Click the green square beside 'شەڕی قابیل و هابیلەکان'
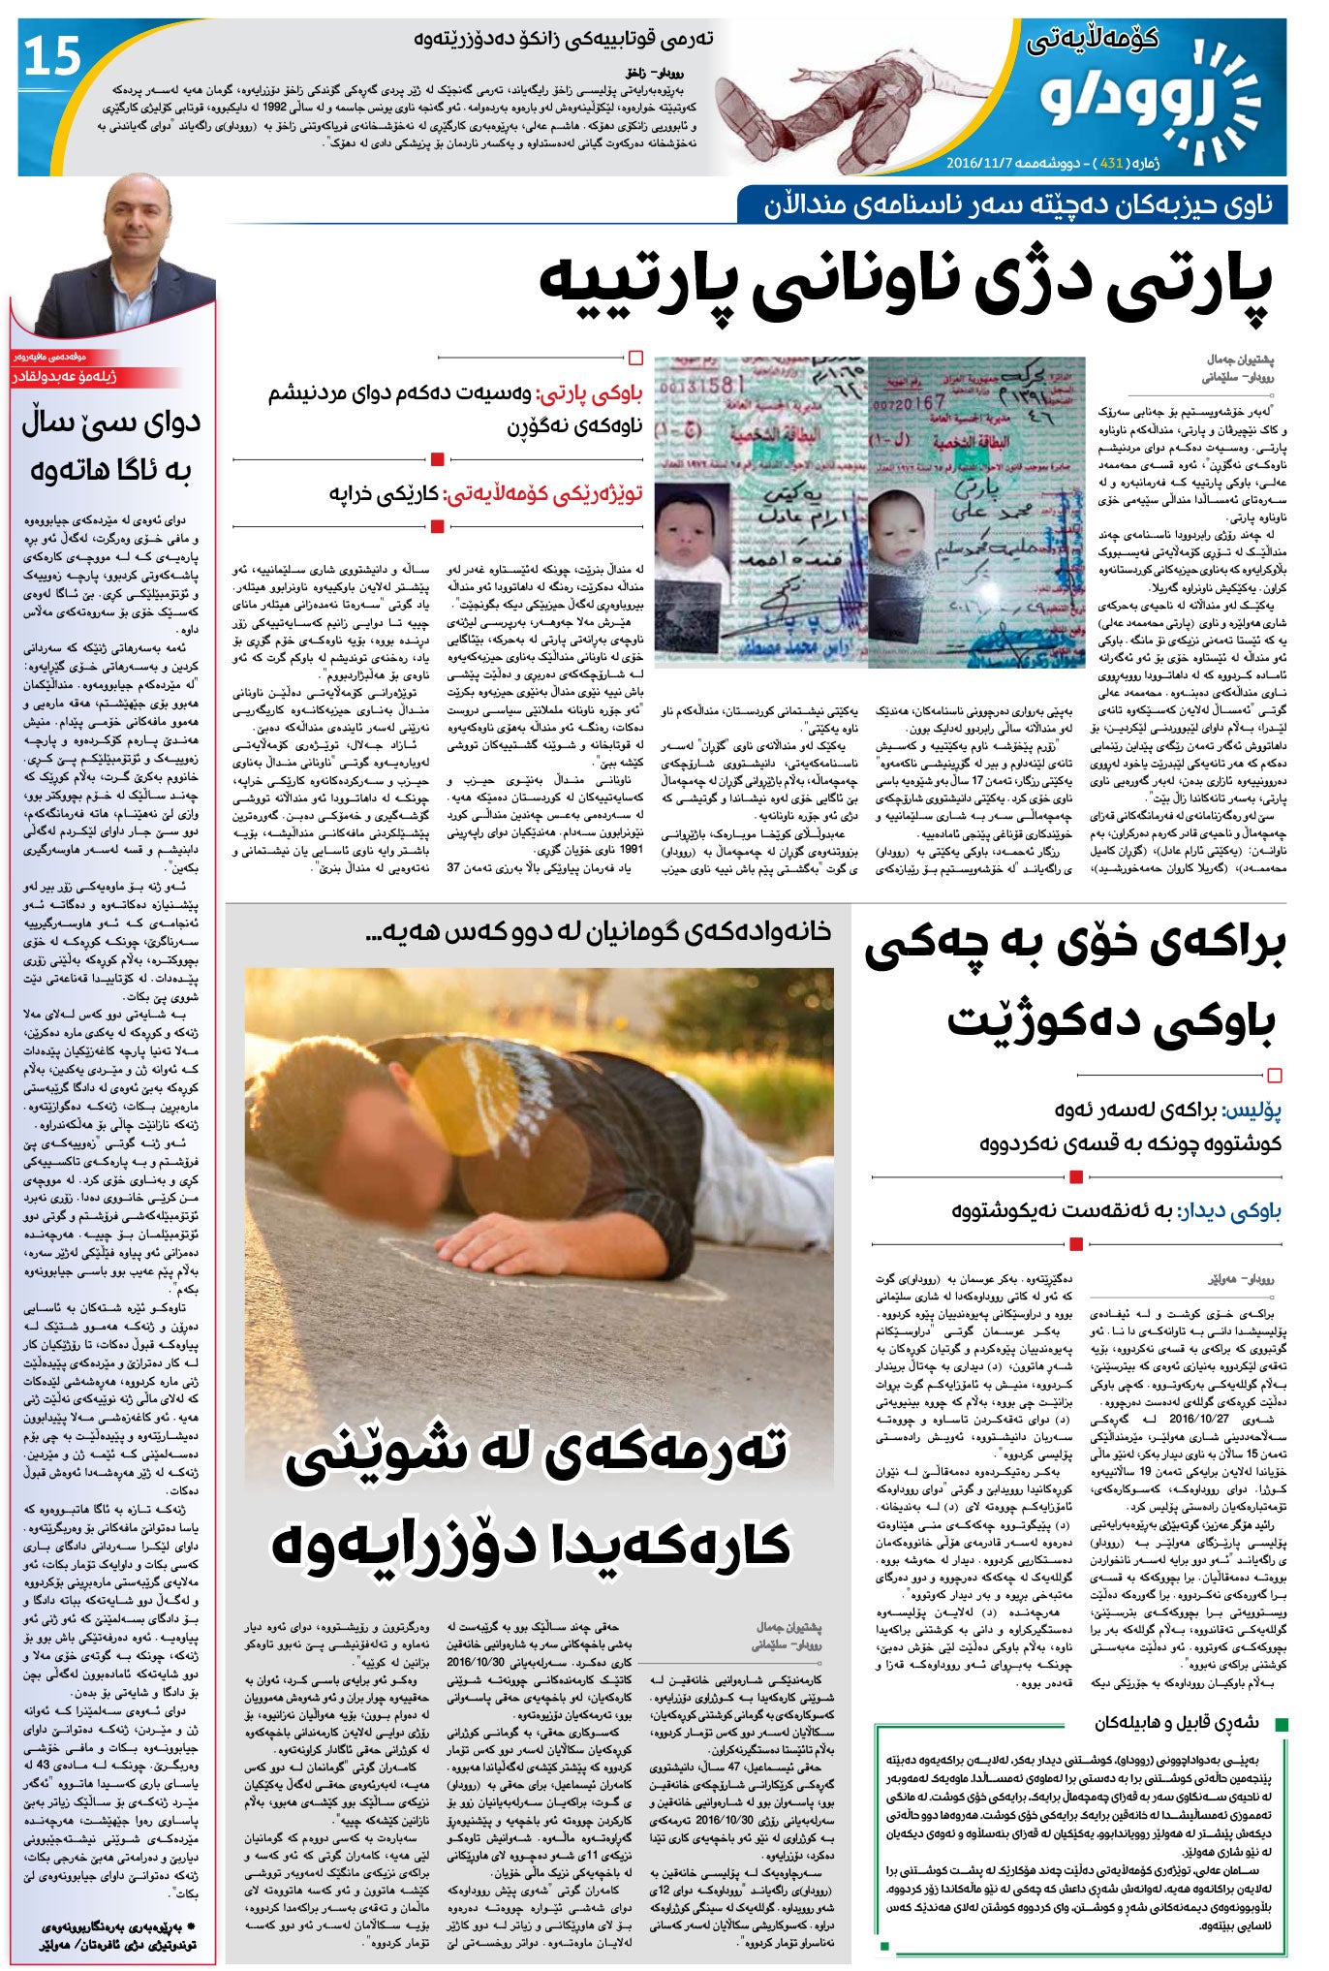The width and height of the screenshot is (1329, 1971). point(1282,1724)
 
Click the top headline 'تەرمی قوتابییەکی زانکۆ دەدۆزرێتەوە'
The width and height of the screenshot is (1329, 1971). point(563,40)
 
